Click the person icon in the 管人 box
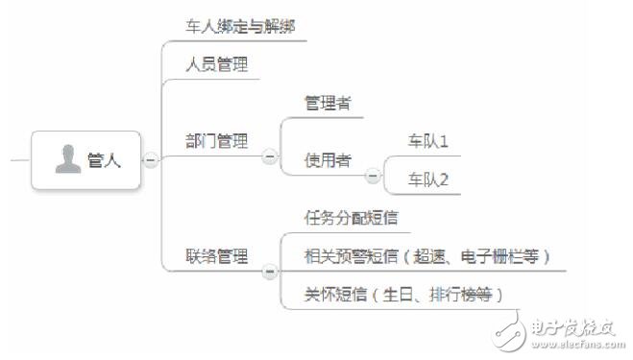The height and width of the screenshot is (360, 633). click(x=68, y=159)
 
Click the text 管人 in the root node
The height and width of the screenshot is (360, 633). click(x=105, y=160)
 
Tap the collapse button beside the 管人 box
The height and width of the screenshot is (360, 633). click(x=151, y=159)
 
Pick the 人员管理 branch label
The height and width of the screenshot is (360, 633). click(x=217, y=65)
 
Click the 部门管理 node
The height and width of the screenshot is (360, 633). click(x=217, y=142)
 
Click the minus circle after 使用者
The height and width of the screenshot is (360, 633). click(x=372, y=174)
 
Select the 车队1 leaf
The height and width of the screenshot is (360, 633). click(x=428, y=142)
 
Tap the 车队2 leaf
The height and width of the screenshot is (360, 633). click(x=428, y=179)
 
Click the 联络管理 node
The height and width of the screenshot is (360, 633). click(x=217, y=256)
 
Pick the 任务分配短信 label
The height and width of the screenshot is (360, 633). click(x=352, y=218)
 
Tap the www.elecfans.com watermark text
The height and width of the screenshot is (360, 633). click(x=569, y=341)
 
